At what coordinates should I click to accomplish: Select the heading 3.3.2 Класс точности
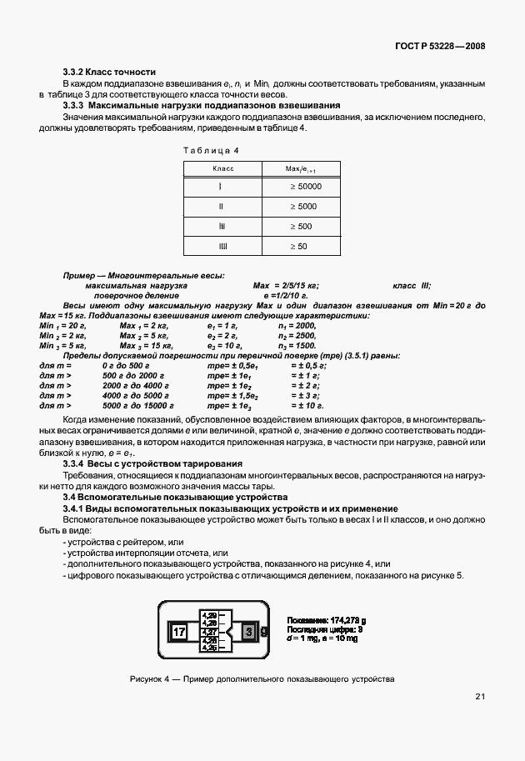109,73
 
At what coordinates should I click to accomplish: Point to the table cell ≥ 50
298,247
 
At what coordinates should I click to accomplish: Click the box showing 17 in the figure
178,631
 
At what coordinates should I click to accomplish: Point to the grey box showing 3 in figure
248,631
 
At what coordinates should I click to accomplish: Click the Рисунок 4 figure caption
262,679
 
